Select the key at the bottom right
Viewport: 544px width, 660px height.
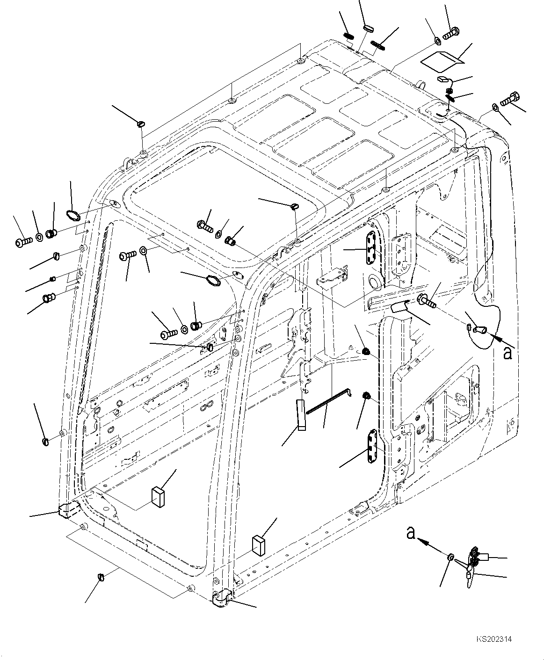point(472,565)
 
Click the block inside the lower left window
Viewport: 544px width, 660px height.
point(157,497)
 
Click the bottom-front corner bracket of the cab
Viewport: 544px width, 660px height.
point(222,599)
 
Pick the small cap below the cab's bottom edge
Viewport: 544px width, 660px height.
point(101,576)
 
